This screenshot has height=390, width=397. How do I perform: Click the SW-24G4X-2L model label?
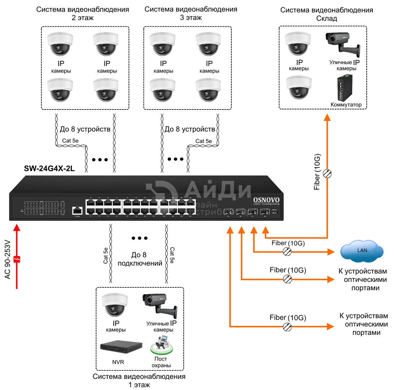point(49,168)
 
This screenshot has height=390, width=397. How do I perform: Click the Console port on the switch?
point(77,210)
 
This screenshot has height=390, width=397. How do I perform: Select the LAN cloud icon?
point(362,251)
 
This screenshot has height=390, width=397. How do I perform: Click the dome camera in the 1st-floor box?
point(115,305)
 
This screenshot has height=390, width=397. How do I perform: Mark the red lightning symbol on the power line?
point(17,259)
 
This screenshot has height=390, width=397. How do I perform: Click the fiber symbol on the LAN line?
point(287,251)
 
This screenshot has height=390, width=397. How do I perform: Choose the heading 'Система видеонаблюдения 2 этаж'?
point(83,14)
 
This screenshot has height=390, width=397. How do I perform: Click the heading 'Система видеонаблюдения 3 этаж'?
point(191,14)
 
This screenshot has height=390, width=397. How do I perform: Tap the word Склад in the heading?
point(327,19)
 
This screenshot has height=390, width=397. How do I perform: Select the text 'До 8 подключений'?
point(140,259)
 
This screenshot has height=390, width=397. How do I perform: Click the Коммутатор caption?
point(346,105)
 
